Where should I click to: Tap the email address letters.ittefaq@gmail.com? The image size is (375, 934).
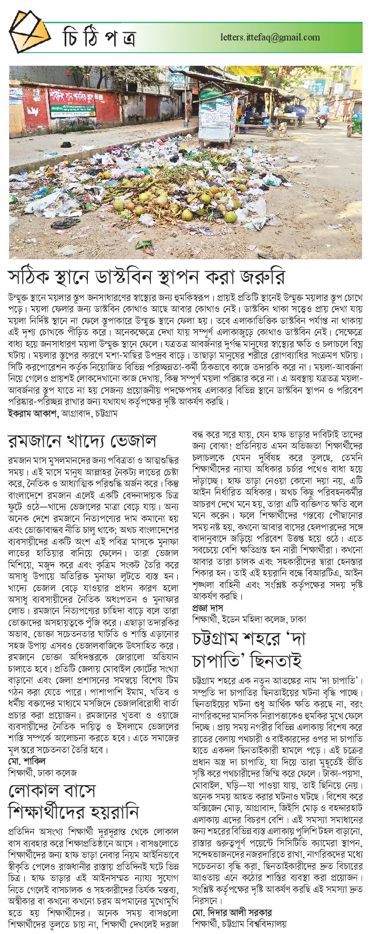click(270, 38)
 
